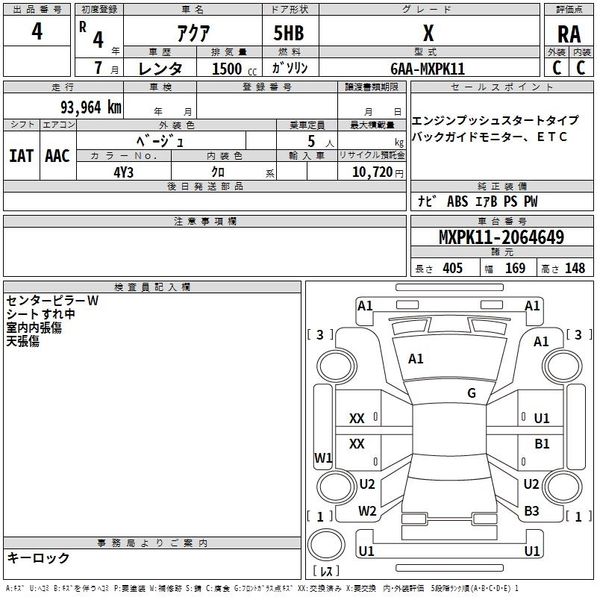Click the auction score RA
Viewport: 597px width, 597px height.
pos(569,34)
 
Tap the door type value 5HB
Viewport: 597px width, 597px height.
pos(289,34)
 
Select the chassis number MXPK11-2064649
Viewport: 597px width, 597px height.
pos(501,238)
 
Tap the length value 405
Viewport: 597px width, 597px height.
pos(451,269)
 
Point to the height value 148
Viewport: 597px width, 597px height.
pos(575,269)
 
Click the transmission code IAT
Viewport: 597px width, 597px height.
pos(21,156)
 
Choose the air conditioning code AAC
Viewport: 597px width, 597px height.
pos(57,156)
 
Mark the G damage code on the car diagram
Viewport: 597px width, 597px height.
pos(472,393)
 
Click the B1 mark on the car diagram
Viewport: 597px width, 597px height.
pos(542,443)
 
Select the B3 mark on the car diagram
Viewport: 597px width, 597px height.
pos(531,511)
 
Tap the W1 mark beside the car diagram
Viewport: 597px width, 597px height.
pos(323,458)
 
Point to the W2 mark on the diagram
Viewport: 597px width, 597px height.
pos(367,511)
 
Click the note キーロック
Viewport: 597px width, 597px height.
pos(39,558)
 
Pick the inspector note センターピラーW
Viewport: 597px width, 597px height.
pos(52,301)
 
